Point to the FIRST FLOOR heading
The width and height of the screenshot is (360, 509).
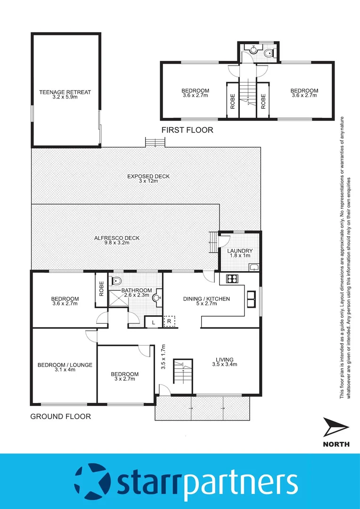point(187,130)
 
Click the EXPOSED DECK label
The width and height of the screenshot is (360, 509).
point(148,177)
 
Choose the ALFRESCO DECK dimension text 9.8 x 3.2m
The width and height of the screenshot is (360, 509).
point(116,244)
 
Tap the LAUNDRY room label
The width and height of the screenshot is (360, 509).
point(240,251)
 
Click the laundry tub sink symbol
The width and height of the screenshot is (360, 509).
point(254,267)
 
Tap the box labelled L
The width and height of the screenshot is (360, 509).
point(153,322)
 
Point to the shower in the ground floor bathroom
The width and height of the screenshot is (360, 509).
point(118,298)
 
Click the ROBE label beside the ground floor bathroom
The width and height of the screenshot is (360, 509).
point(101,288)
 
